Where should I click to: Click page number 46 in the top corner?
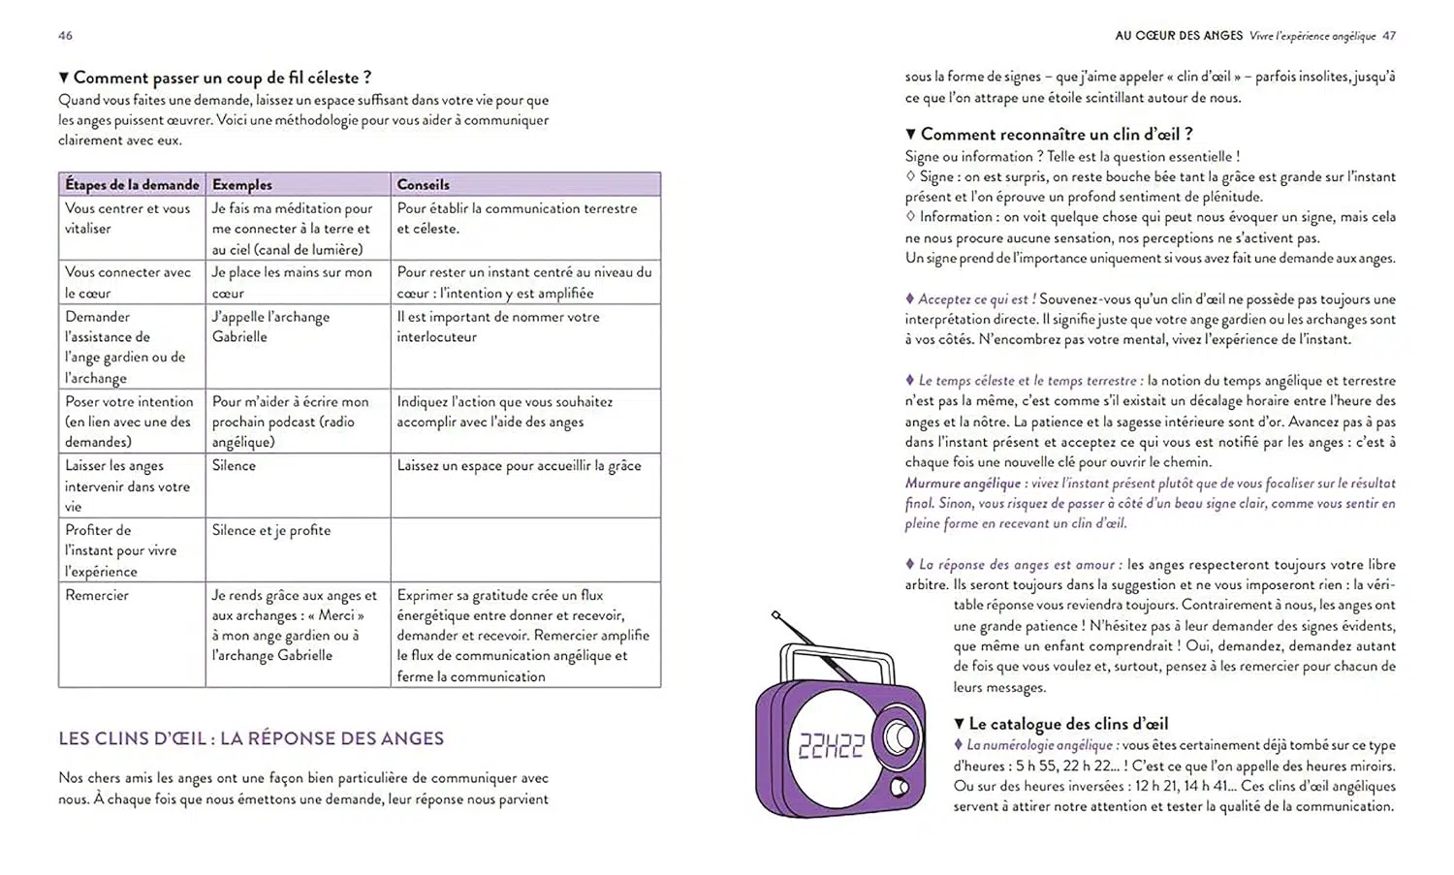click(x=65, y=36)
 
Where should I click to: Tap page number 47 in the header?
click(x=1389, y=36)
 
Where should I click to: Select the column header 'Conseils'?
click(x=423, y=184)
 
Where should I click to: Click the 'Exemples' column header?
click(x=242, y=184)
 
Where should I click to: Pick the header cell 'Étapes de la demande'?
click(x=132, y=184)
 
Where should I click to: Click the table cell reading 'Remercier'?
click(x=97, y=595)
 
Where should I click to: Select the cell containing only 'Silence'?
click(x=234, y=465)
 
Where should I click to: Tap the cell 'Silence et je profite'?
click(x=271, y=530)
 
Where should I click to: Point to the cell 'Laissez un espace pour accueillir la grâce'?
click(x=519, y=465)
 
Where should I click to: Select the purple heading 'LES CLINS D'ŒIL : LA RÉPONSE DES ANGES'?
click(x=251, y=738)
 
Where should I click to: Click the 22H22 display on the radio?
click(x=831, y=745)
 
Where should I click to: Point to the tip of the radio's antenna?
click(x=775, y=614)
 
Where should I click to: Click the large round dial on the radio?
click(x=899, y=738)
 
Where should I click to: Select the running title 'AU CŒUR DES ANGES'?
click(x=1178, y=36)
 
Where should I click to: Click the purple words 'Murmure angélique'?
click(x=963, y=483)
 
